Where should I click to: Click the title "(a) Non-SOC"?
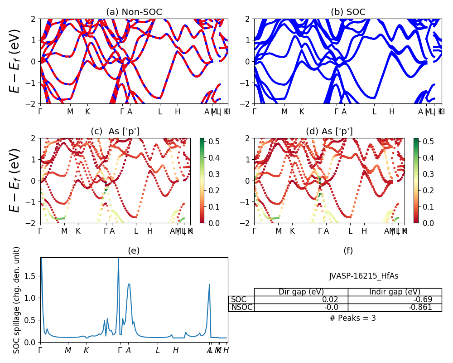pos(134,12)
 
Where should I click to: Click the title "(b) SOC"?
pos(348,12)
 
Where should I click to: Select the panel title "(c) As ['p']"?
pos(115,132)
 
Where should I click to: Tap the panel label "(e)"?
pos(134,250)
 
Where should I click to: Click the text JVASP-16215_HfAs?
pos(364,276)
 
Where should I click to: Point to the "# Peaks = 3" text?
pos(352,318)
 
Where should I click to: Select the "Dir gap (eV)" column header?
pos(301,292)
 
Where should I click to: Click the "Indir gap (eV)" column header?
pos(395,292)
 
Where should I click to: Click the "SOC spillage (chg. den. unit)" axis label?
pos(17,300)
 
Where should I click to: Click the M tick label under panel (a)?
pos(70,112)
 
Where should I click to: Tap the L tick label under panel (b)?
pos(374,112)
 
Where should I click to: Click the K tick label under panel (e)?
pos(86,350)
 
